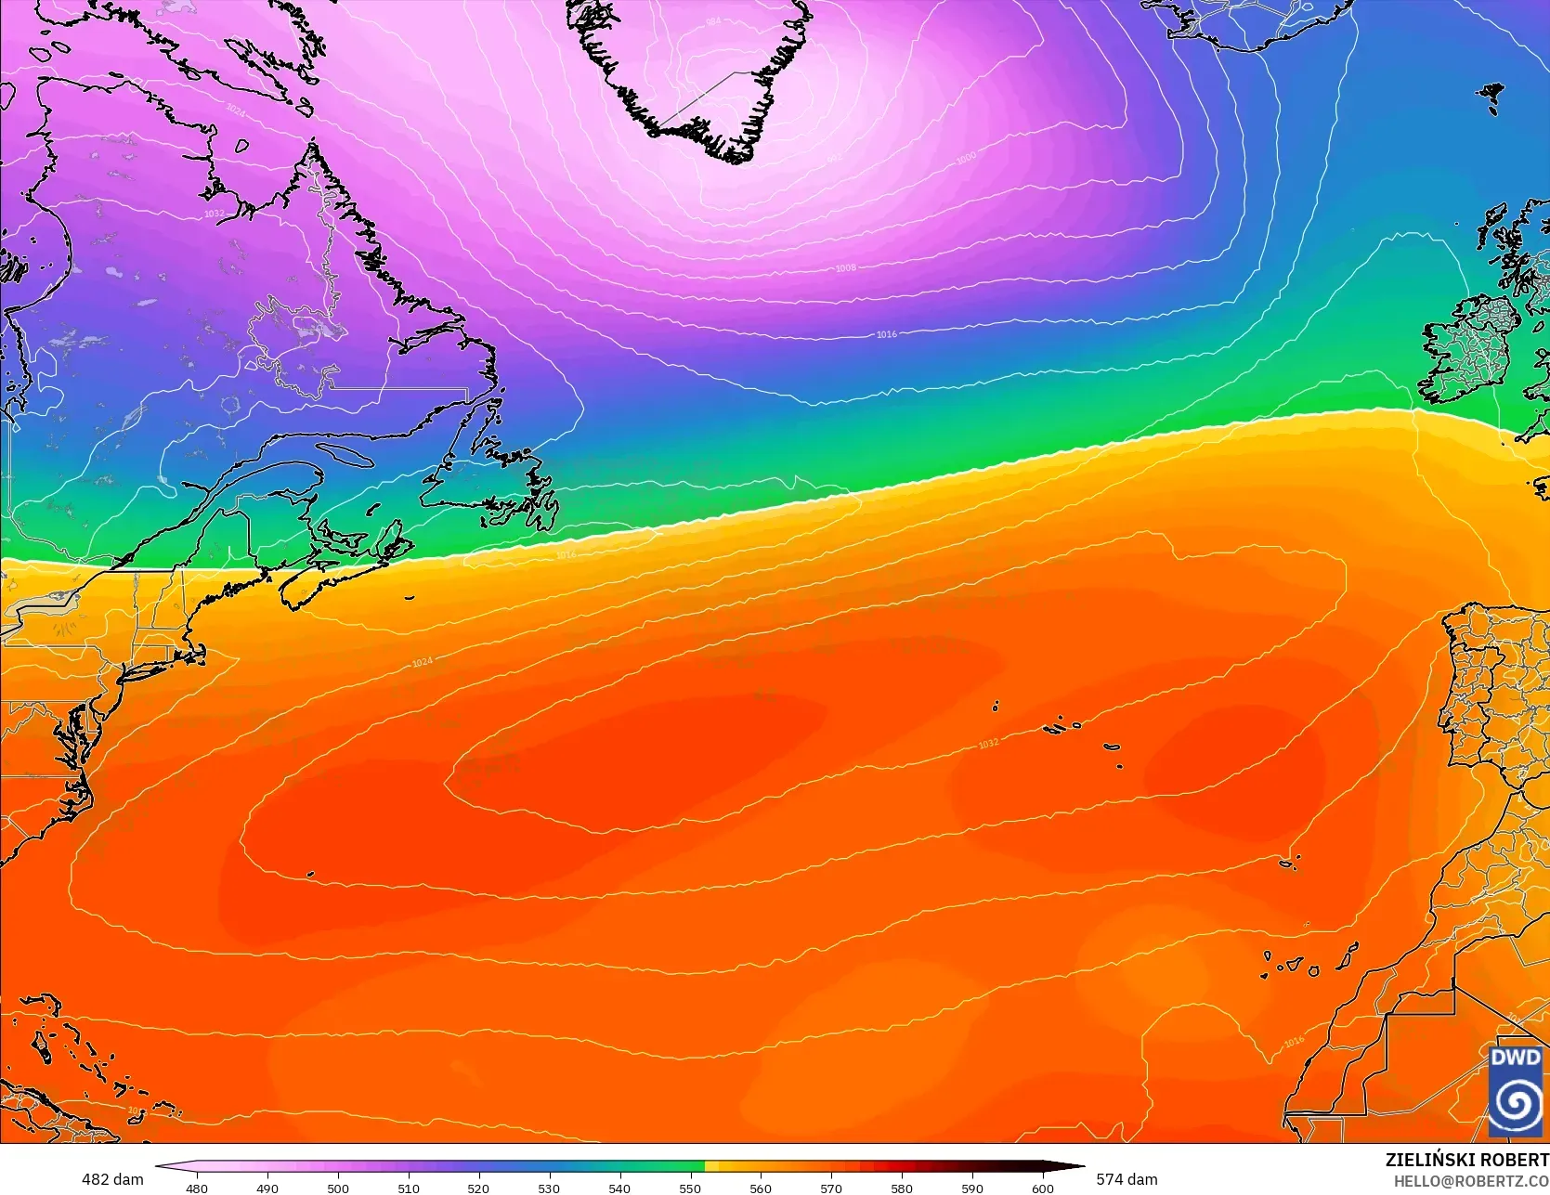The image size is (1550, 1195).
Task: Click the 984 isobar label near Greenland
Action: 712,20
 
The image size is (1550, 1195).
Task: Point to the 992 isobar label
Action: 833,158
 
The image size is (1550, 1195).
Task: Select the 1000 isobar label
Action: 966,158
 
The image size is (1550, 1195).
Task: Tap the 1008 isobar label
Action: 845,268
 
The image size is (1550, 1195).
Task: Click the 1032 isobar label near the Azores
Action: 988,743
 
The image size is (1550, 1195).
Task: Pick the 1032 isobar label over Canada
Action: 214,214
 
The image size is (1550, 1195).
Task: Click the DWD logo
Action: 1516,1091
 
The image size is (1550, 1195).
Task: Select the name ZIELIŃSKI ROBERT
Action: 1466,1160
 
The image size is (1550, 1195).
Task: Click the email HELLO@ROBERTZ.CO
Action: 1477,1178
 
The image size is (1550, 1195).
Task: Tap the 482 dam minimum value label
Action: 112,1179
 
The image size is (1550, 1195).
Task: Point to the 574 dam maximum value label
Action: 1127,1179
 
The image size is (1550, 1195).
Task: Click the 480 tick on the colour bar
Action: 197,1188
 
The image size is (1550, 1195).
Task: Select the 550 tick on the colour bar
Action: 690,1188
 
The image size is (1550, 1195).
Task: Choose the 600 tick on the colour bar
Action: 1042,1188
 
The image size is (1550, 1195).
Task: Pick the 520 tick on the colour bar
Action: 478,1188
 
